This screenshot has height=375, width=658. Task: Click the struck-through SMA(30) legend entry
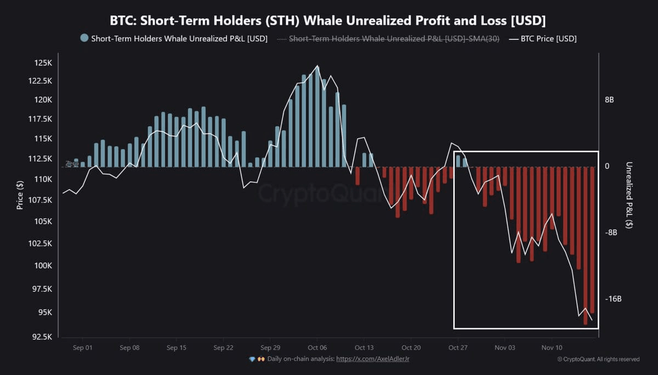pyautogui.click(x=394, y=39)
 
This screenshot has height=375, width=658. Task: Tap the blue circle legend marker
pyautogui.click(x=84, y=38)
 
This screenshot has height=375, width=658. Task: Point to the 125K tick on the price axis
pyautogui.click(x=42, y=63)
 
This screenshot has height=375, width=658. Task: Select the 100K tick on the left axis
pyautogui.click(x=42, y=266)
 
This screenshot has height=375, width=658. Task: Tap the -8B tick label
pyautogui.click(x=611, y=232)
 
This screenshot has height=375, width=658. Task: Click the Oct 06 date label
pyautogui.click(x=317, y=348)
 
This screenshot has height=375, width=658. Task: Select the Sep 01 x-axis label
pyautogui.click(x=82, y=348)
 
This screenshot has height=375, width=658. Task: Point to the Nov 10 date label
pyautogui.click(x=552, y=348)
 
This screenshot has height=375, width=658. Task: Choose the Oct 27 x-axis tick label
pyautogui.click(x=457, y=348)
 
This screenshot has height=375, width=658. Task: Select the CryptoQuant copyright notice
pyautogui.click(x=598, y=359)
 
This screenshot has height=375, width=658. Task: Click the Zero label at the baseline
pyautogui.click(x=72, y=163)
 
